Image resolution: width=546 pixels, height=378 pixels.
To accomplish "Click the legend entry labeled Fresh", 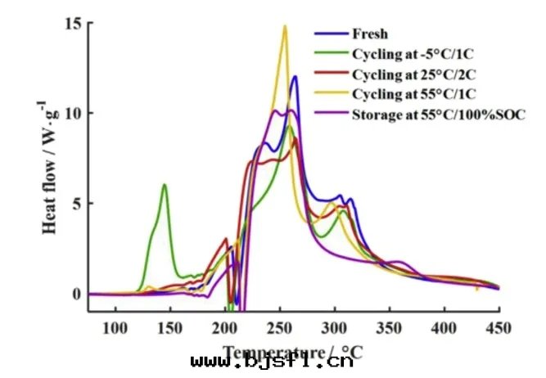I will tap(369, 34).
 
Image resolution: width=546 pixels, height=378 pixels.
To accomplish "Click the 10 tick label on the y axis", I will tap(73, 113).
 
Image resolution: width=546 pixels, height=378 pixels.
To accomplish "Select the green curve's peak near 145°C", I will tap(165, 185).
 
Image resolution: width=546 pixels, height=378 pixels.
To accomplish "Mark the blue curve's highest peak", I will tap(295, 77).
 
